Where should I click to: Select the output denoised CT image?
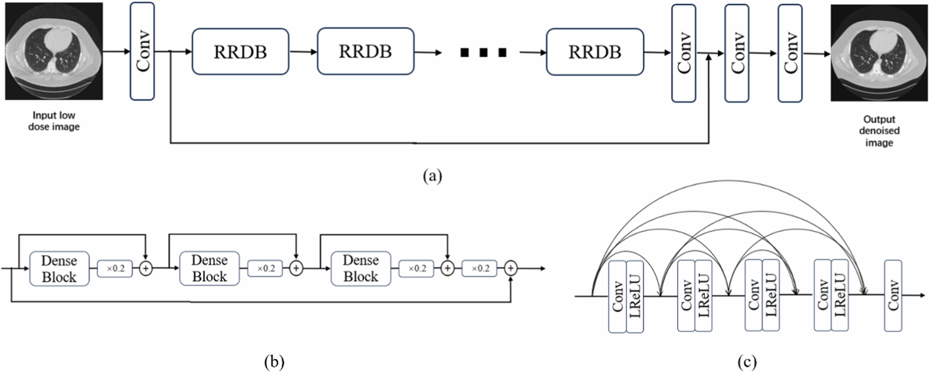(x=879, y=53)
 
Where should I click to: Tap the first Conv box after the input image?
(x=142, y=51)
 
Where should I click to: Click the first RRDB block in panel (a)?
(x=240, y=51)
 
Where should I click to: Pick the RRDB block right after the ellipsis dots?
(x=595, y=52)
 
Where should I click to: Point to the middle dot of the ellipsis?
(x=484, y=52)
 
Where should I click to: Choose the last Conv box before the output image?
(x=790, y=53)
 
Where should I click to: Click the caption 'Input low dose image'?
(x=54, y=121)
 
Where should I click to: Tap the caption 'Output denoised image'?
(x=879, y=131)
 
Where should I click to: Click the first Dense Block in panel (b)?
(x=59, y=269)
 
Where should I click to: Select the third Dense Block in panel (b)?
(x=361, y=269)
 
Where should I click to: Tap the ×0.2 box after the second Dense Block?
(x=266, y=269)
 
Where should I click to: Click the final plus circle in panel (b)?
(x=511, y=269)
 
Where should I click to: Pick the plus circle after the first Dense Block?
(x=146, y=269)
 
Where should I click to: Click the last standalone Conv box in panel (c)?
(x=893, y=296)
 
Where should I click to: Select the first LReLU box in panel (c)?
(x=635, y=297)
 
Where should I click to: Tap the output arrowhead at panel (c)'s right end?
(x=923, y=296)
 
